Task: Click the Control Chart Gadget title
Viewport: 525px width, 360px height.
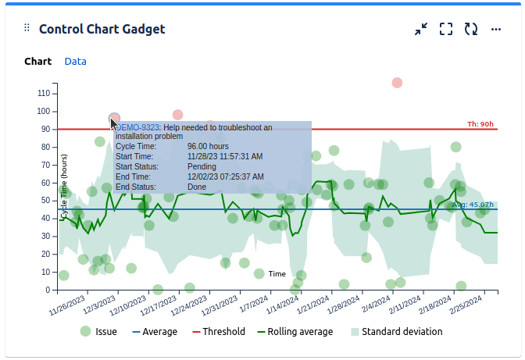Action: [x=102, y=29]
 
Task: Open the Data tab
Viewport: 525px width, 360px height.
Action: [x=75, y=61]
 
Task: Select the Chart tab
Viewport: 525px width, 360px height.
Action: [x=37, y=61]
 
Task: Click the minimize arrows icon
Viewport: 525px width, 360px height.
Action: [x=421, y=29]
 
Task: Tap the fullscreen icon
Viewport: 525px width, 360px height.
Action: [x=446, y=29]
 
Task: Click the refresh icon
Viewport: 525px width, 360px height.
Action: [x=471, y=29]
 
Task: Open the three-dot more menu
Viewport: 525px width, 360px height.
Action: [x=496, y=29]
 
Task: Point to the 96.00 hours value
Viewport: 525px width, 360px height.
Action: [x=208, y=146]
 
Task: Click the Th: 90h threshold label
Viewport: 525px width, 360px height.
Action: [x=480, y=123]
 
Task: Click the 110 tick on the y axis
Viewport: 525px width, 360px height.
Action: [x=43, y=93]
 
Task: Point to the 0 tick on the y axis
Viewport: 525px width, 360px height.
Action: [x=47, y=290]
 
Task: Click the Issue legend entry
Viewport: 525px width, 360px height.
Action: [x=99, y=331]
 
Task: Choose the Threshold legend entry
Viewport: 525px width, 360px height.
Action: [x=218, y=331]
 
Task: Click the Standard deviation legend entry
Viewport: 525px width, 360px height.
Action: [x=395, y=331]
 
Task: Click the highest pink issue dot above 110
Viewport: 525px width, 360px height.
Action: [x=397, y=83]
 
